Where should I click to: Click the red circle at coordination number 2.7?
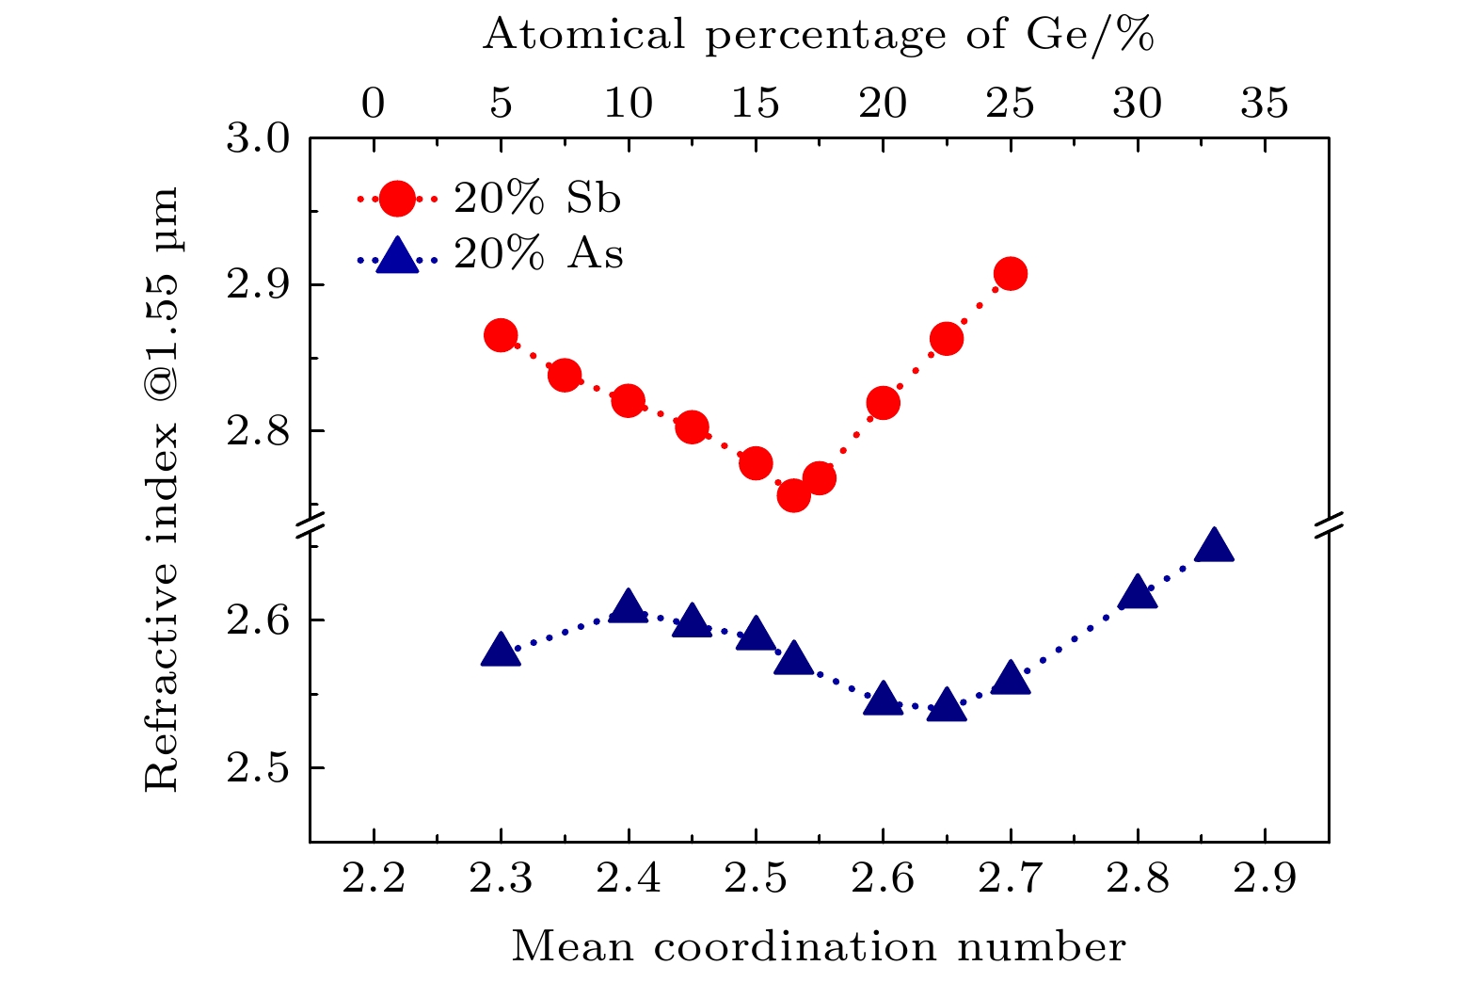1011,274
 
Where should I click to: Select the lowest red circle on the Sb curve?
793,494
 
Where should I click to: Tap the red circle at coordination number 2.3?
501,335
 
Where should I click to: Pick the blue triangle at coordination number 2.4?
628,607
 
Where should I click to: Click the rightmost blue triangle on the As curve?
1214,546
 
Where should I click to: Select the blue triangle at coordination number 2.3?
501,651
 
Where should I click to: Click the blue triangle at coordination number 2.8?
1138,592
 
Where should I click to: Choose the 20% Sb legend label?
537,199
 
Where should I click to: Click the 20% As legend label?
538,254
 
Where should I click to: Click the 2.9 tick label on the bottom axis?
1265,878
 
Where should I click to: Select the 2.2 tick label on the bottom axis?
374,878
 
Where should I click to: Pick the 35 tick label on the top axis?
1265,103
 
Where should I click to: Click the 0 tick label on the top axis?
374,103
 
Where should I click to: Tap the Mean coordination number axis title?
819,946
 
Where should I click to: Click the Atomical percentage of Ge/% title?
819,36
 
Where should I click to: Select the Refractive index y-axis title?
162,490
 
